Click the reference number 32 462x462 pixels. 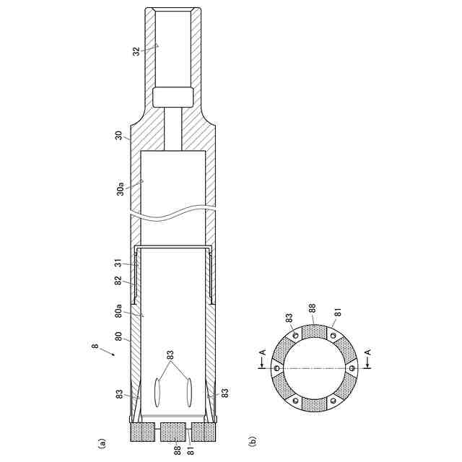(x=136, y=51)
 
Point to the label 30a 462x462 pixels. (x=121, y=189)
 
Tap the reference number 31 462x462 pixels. (x=118, y=263)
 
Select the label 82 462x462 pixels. (x=118, y=280)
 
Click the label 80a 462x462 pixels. (x=118, y=311)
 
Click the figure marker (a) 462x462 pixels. (x=101, y=443)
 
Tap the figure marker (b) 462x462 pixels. (x=253, y=441)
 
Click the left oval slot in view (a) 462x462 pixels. (x=157, y=393)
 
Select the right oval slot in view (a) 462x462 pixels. (x=189, y=393)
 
